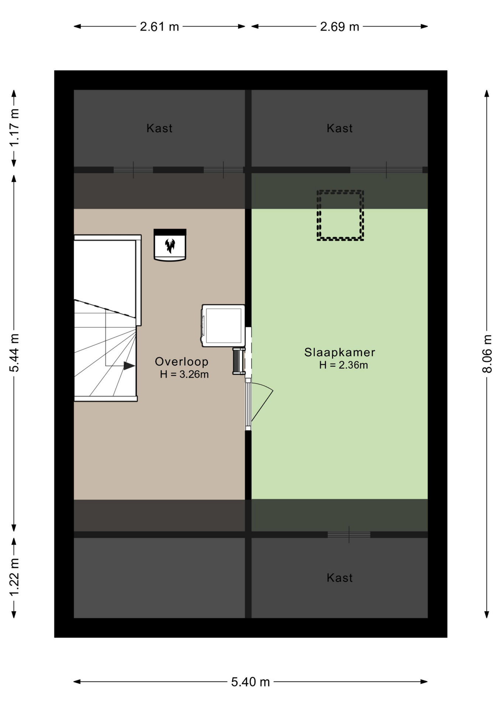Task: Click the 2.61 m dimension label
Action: pos(159,27)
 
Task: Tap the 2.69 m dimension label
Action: pos(339,27)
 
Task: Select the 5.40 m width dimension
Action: pos(251,682)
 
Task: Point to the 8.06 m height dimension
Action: pos(487,354)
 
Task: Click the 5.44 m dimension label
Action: pos(14,353)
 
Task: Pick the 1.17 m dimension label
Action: pos(14,128)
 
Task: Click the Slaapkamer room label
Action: pos(339,352)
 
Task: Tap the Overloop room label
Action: pos(182,361)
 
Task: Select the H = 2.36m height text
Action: pos(343,365)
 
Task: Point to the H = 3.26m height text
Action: pos(184,374)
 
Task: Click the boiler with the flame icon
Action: pos(170,245)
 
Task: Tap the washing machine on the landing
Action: pos(223,326)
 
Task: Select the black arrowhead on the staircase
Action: pos(129,366)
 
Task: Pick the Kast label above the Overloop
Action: pos(159,128)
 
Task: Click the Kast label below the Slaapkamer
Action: pos(339,577)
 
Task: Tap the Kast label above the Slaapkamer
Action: pos(339,128)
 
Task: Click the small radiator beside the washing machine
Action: pos(239,361)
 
